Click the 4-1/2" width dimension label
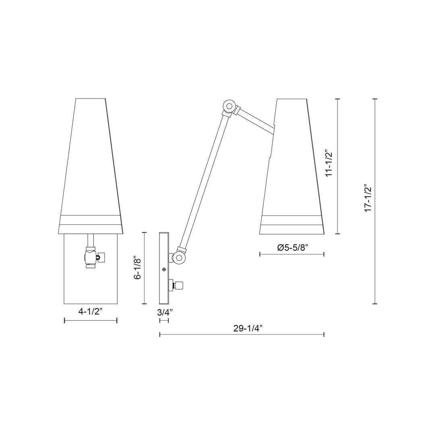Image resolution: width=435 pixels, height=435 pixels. click(91, 311)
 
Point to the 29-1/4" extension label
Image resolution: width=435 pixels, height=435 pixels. click(247, 328)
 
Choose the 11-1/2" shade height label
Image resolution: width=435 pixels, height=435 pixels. click(329, 164)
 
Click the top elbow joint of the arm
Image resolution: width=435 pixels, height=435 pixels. click(230, 106)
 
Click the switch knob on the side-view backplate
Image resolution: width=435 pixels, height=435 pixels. click(179, 286)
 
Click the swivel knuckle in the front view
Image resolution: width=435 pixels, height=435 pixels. click(91, 256)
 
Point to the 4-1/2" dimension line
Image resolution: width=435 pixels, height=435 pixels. click(91, 320)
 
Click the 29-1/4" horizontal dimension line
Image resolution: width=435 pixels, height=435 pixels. click(242, 334)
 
